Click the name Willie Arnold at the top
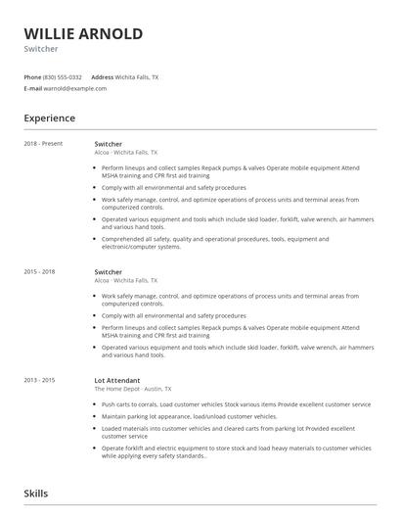83,33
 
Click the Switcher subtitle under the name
40,49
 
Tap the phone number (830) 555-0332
63,76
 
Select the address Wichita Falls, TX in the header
138,76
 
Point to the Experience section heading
49,118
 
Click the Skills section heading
35,494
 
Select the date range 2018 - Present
42,144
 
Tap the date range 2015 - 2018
39,271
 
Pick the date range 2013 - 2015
39,379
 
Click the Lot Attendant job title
117,379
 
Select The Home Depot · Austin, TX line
134,389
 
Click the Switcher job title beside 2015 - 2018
108,271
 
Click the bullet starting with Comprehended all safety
215,242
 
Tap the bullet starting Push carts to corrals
235,404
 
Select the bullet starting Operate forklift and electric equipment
235,451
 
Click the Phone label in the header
32,76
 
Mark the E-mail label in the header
33,88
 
